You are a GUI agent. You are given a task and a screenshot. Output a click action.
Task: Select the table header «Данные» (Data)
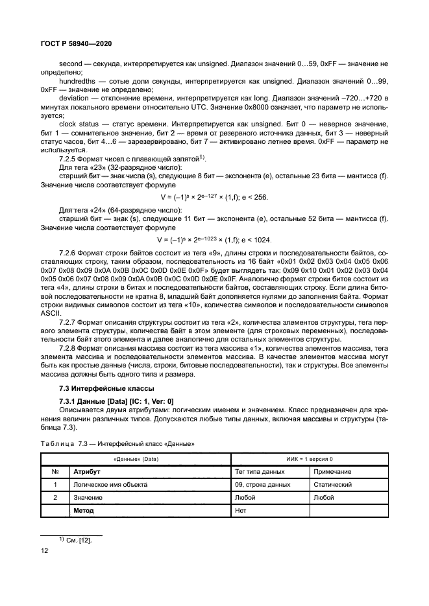[136, 458]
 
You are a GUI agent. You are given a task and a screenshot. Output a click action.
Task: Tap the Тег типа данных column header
[260, 472]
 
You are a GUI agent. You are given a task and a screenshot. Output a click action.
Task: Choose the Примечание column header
[332, 472]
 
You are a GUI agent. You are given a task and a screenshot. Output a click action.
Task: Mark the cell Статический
[332, 485]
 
